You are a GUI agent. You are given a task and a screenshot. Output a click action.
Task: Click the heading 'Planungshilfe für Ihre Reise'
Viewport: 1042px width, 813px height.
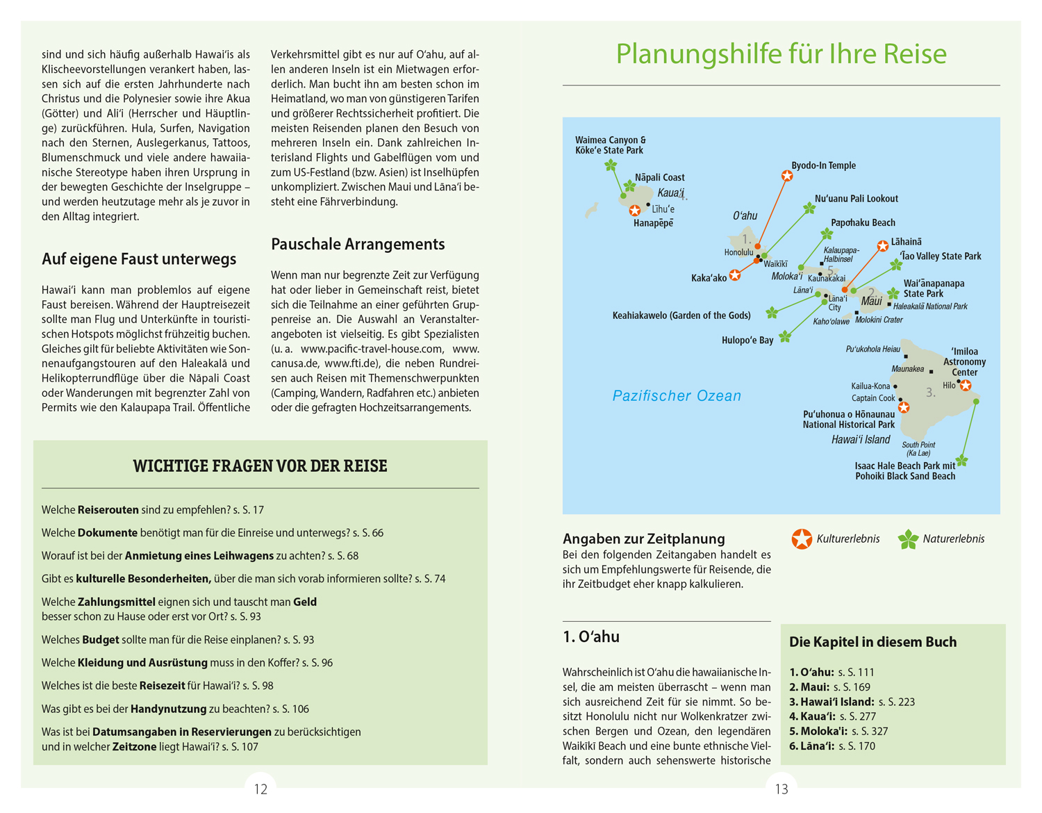[x=781, y=54]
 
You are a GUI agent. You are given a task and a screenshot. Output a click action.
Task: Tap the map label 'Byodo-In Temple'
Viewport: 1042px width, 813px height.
[x=823, y=165]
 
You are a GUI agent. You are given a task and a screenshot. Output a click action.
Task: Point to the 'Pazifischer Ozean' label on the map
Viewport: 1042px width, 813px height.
[x=677, y=396]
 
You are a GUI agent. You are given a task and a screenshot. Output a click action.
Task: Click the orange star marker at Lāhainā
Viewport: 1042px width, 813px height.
[x=882, y=246]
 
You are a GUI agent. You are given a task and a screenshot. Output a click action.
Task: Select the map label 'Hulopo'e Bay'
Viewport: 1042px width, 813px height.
[x=747, y=340]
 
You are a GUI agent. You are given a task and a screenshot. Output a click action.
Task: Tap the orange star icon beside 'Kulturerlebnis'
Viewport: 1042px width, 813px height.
[x=802, y=539]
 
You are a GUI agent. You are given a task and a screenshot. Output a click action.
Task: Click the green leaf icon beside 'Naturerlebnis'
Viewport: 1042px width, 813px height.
[x=908, y=539]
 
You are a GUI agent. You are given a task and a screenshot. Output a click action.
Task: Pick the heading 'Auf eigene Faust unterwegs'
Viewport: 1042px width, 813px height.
[x=139, y=259]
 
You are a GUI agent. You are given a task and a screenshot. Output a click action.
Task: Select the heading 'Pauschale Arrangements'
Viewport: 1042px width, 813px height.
[x=358, y=245]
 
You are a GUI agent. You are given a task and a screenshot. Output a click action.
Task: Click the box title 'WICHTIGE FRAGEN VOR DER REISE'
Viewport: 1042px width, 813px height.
[x=260, y=466]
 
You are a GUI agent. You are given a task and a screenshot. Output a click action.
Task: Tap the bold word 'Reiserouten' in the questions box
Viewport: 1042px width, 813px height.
[x=108, y=510]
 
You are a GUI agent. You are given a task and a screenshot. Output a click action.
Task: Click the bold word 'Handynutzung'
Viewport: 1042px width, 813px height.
[x=169, y=709]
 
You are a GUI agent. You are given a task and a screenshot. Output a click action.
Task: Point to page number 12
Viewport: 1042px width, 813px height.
[x=260, y=789]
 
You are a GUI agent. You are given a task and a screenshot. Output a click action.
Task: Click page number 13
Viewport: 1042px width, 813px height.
[x=781, y=789]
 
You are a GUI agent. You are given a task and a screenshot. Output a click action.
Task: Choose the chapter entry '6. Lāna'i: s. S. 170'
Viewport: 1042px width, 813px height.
[x=832, y=746]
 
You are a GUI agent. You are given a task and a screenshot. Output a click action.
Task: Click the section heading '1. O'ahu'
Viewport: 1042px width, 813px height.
[x=591, y=637]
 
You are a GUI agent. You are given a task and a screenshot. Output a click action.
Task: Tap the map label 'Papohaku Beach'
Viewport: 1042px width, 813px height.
[x=863, y=223]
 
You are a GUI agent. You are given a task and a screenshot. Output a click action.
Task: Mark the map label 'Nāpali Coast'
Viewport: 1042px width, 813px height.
[x=659, y=178]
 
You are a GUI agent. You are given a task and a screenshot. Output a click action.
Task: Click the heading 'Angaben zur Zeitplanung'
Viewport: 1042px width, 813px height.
[x=643, y=539]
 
